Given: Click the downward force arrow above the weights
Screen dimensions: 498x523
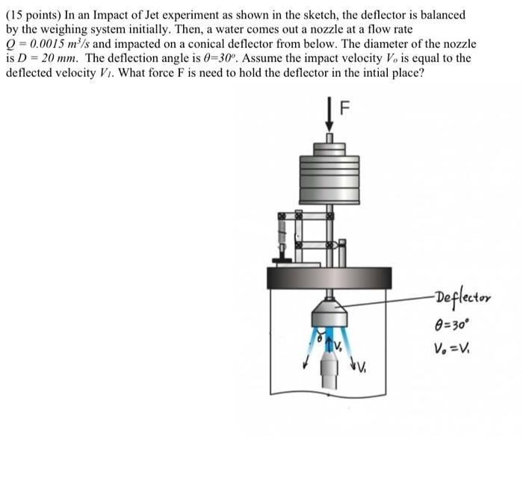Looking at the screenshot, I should tap(329, 119).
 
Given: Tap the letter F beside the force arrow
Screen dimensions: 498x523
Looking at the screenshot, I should tap(344, 108).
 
